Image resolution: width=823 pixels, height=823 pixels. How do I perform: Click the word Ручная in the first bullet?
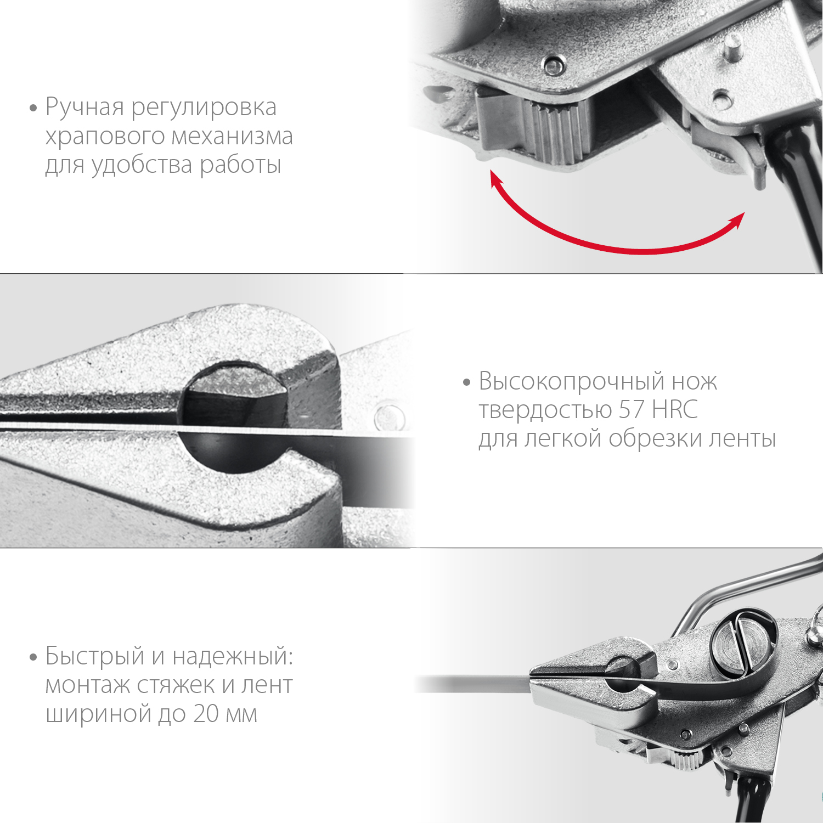tap(84, 108)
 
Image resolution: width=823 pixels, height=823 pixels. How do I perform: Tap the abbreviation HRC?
tap(675, 410)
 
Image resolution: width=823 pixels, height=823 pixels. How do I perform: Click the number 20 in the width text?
tap(206, 714)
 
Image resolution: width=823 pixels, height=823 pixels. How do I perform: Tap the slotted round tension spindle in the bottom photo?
tap(744, 642)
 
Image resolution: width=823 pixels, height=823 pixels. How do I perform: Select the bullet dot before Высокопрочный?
tap(467, 382)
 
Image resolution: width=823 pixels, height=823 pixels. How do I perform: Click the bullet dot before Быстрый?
tap(33, 657)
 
